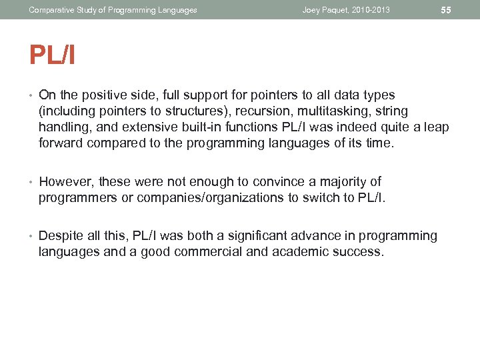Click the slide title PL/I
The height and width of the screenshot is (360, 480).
52,55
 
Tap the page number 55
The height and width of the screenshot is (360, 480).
446,10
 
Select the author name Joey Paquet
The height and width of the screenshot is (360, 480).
325,10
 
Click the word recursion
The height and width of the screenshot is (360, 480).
252,111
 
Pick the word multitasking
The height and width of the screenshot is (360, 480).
321,111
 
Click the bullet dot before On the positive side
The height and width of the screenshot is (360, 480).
31,95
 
